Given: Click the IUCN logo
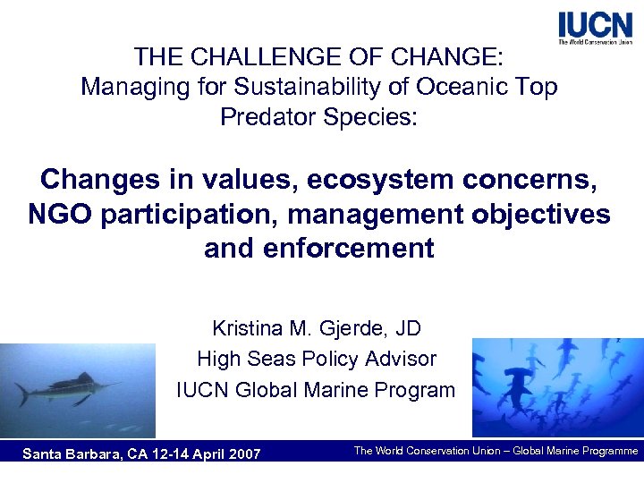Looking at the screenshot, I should tap(594, 28).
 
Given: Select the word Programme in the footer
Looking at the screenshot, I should tap(605, 451).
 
